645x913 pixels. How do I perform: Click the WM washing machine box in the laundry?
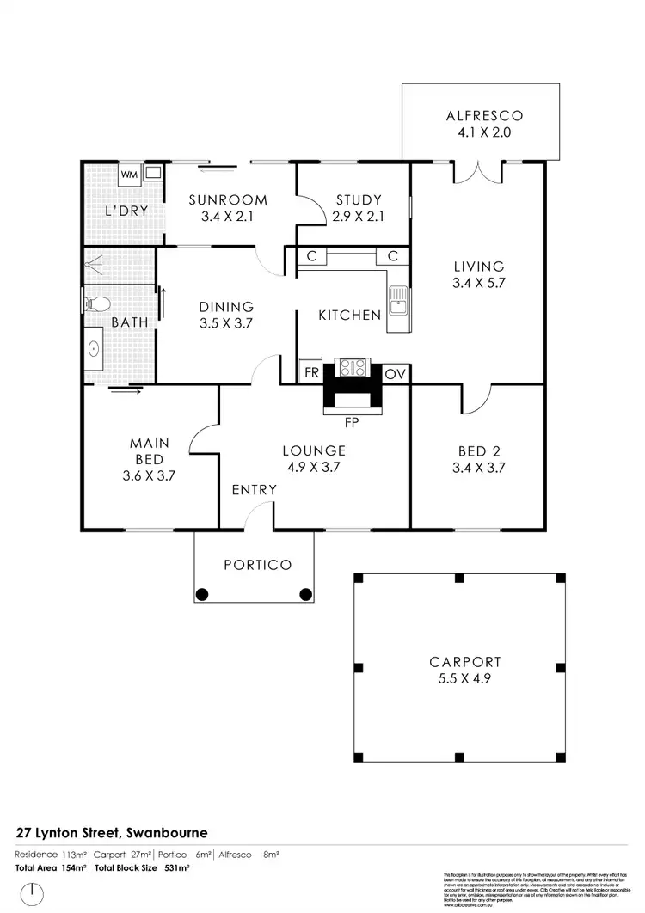[x=128, y=175]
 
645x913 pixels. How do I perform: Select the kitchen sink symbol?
[x=399, y=301]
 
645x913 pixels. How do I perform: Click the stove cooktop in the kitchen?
[x=353, y=369]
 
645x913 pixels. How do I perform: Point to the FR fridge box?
[x=310, y=374]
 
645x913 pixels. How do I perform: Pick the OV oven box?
[x=395, y=374]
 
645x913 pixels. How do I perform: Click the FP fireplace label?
[x=350, y=423]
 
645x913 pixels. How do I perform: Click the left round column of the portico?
[x=203, y=593]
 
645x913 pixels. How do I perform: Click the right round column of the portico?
[x=305, y=593]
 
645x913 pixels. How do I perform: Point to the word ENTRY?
[x=254, y=490]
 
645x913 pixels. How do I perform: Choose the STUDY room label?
[x=353, y=199]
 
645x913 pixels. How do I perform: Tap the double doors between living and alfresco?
[x=477, y=172]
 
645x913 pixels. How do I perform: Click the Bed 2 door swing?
[x=476, y=398]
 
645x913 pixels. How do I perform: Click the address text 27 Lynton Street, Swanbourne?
[x=113, y=833]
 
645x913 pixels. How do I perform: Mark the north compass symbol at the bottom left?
[x=32, y=893]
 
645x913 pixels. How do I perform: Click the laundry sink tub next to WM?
[x=151, y=174]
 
